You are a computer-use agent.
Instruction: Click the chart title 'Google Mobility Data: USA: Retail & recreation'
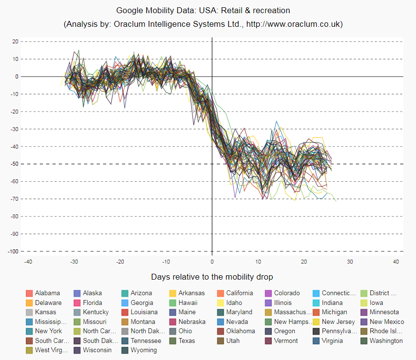[203, 10]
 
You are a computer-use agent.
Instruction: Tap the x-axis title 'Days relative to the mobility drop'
[212, 277]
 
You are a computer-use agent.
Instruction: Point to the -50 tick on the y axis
[15, 164]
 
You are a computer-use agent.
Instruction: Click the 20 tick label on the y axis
[15, 41]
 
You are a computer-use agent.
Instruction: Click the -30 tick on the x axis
[74, 262]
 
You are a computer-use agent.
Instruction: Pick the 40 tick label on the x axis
[396, 262]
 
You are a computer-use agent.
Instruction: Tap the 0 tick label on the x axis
[212, 262]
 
